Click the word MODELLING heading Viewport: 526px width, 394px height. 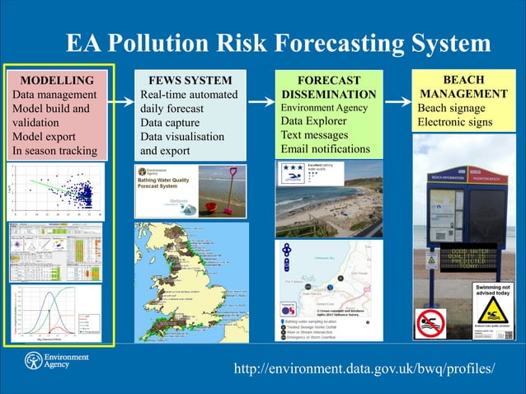pos(57,81)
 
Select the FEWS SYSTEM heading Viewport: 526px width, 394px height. pos(190,81)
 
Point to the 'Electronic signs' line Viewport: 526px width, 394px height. pos(455,123)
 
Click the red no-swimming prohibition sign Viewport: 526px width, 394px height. pos(430,323)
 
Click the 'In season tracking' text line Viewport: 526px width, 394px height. pos(54,151)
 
